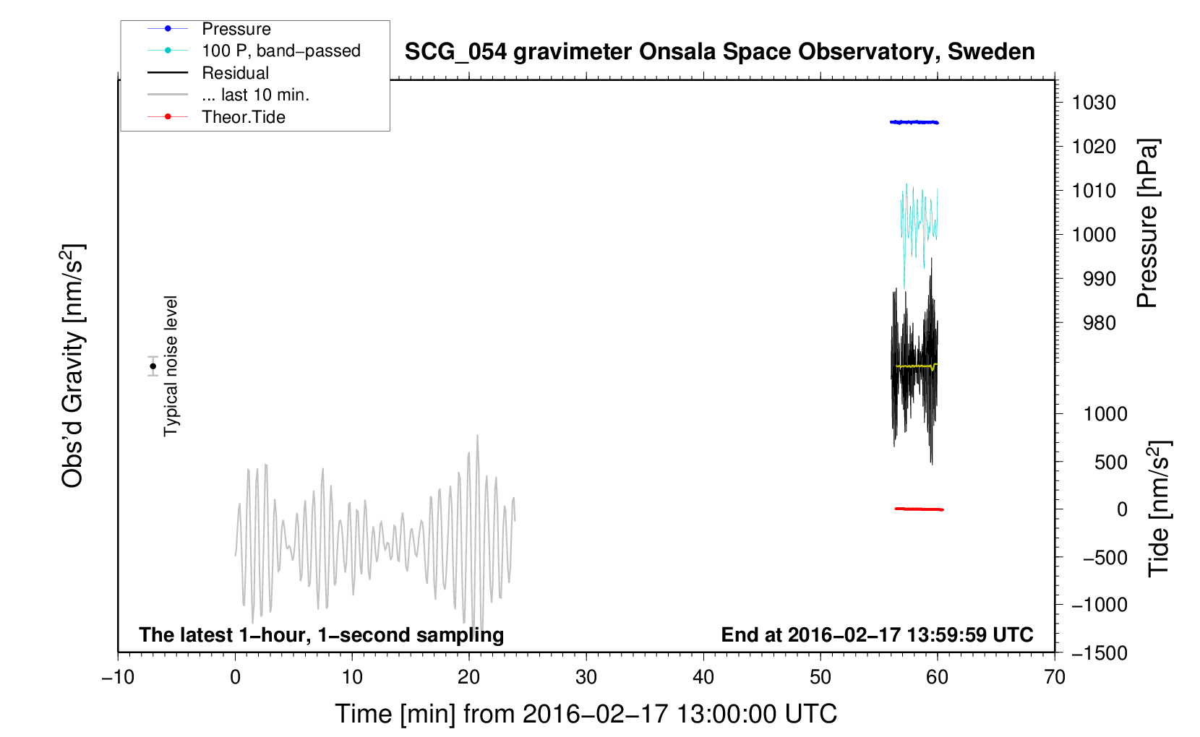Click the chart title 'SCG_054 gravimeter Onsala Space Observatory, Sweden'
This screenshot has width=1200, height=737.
719,52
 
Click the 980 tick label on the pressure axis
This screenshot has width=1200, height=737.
1100,323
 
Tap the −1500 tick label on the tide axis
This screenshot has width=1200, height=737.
1100,653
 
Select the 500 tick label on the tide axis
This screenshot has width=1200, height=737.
1110,462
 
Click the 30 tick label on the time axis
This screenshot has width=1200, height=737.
586,678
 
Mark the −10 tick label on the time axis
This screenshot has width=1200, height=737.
118,678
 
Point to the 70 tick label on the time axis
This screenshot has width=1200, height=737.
1054,678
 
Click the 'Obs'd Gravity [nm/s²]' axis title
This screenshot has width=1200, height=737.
72,366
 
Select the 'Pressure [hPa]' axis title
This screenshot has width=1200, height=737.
1147,224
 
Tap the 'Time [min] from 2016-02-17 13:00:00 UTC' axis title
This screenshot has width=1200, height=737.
586,715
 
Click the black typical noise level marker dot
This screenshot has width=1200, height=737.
153,366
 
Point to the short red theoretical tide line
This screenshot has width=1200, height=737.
920,509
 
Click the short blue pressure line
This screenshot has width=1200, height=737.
914,123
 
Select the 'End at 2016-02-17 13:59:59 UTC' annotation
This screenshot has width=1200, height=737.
877,634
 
